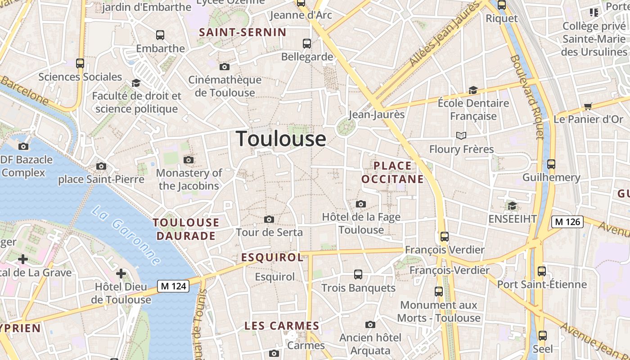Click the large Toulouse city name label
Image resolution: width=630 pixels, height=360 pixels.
pyautogui.click(x=281, y=139)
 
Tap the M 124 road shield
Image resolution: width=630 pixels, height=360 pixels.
pyautogui.click(x=173, y=286)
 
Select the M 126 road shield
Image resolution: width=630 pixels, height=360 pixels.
pyautogui.click(x=567, y=221)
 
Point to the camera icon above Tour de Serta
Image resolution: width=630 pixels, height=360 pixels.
pyautogui.click(x=269, y=219)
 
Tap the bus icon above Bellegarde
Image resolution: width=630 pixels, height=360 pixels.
pyautogui.click(x=307, y=44)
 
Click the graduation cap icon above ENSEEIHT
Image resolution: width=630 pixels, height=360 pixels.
pyautogui.click(x=512, y=206)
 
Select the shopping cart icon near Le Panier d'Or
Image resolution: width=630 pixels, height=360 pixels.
pyautogui.click(x=588, y=107)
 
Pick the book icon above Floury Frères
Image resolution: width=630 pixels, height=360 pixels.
pyautogui.click(x=461, y=135)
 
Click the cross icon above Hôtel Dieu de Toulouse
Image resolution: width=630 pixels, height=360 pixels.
pyautogui.click(x=121, y=273)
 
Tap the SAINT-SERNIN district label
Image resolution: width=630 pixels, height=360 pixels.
pyautogui.click(x=243, y=32)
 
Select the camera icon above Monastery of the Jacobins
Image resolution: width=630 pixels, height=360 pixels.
pyautogui.click(x=189, y=160)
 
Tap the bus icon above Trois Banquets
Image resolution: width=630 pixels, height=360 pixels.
pyautogui.click(x=358, y=274)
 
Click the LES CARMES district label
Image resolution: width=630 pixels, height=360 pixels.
pyautogui.click(x=282, y=326)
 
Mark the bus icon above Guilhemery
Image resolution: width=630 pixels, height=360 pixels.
pyautogui.click(x=551, y=164)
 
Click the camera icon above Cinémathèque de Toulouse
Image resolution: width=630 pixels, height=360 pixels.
pyautogui.click(x=224, y=67)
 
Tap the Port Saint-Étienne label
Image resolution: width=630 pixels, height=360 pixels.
pyautogui.click(x=542, y=284)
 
